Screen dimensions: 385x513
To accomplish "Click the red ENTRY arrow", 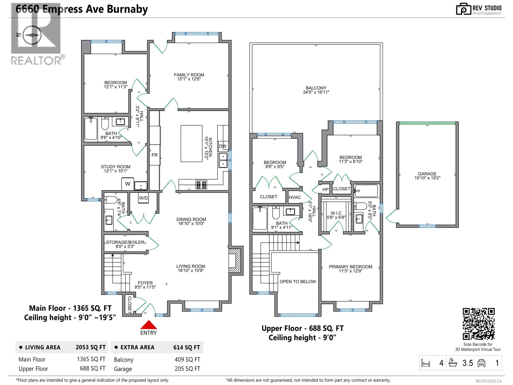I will tap(148, 325).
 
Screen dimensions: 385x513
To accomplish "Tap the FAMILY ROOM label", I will tap(189, 75).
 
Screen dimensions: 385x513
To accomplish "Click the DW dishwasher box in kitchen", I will tap(223, 146).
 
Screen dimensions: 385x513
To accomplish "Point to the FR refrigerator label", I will tap(155, 155).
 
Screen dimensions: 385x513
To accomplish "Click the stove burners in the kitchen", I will tap(201, 185).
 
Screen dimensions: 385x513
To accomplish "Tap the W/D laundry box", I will tap(143, 198).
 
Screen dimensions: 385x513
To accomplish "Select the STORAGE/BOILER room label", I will tap(125, 242).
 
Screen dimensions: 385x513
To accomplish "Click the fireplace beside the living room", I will tap(235, 260).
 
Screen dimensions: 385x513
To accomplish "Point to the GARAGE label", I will tap(427, 174).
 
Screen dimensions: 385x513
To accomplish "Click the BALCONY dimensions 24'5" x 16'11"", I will tap(316, 92).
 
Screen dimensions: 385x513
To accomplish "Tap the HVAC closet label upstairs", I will tap(295, 197).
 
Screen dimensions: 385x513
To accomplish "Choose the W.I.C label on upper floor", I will tap(336, 213).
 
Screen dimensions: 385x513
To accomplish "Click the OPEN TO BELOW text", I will tap(298, 282).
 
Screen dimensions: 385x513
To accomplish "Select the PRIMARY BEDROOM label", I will tap(350, 267).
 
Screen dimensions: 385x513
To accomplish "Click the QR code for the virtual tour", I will tap(479, 324).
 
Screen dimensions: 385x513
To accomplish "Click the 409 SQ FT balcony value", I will tap(187, 360).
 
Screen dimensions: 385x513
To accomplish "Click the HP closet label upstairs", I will tap(325, 190).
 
